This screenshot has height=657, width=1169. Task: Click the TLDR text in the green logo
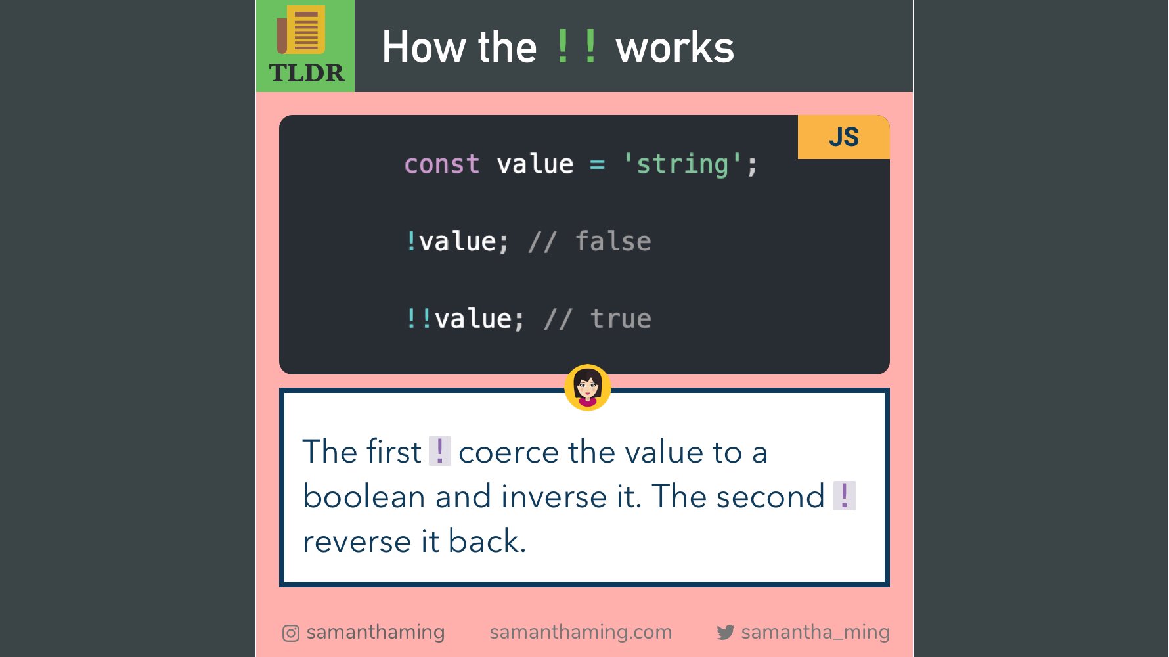pos(306,73)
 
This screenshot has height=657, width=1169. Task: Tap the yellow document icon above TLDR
pos(303,30)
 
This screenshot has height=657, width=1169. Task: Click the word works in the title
pos(674,47)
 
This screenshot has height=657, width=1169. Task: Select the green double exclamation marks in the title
pos(576,46)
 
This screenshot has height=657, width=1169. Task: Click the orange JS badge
pos(843,137)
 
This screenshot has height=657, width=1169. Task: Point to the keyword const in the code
pos(442,164)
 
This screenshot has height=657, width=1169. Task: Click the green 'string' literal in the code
pos(682,164)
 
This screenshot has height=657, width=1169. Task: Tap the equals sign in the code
pos(597,164)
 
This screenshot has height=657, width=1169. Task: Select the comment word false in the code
pos(613,241)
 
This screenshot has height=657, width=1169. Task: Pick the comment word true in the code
pos(621,319)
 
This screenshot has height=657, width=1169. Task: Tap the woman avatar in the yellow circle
pos(588,387)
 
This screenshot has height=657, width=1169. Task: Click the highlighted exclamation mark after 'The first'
pos(439,451)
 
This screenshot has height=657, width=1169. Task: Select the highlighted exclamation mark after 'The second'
pos(844,495)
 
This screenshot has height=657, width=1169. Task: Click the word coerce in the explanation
pos(509,452)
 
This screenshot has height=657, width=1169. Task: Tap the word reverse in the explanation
pos(357,541)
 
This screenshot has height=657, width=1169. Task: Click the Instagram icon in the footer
pos(291,633)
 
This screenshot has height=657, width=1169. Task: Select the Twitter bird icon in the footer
pos(725,633)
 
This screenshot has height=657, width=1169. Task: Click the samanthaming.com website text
pos(581,632)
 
